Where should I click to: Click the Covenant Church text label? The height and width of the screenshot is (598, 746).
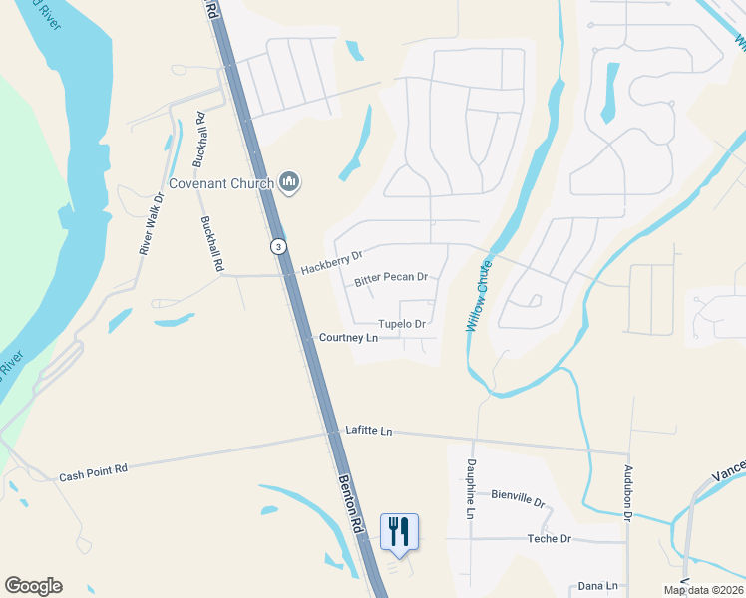(221, 182)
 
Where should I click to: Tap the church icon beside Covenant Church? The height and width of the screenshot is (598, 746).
(291, 181)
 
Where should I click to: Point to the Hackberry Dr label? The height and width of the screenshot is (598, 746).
(331, 264)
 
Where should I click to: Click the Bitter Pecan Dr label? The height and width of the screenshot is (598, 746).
(391, 279)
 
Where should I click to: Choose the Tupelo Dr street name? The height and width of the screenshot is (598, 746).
(402, 324)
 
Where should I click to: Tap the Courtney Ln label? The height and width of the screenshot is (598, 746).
(348, 338)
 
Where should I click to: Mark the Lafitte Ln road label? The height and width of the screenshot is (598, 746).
(369, 431)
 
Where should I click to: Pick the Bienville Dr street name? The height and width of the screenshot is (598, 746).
(518, 499)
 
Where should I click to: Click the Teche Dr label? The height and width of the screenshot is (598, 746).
(549, 539)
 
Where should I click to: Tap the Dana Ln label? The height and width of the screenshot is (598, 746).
(598, 587)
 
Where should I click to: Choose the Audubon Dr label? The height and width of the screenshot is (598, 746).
(628, 492)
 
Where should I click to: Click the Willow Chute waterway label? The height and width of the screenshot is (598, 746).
(478, 296)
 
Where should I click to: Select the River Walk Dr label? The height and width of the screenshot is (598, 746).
(149, 225)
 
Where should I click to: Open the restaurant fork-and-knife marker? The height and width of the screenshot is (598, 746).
(399, 531)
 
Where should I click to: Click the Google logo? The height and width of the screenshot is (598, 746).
(33, 586)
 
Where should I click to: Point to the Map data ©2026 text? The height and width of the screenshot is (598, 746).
(702, 590)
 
